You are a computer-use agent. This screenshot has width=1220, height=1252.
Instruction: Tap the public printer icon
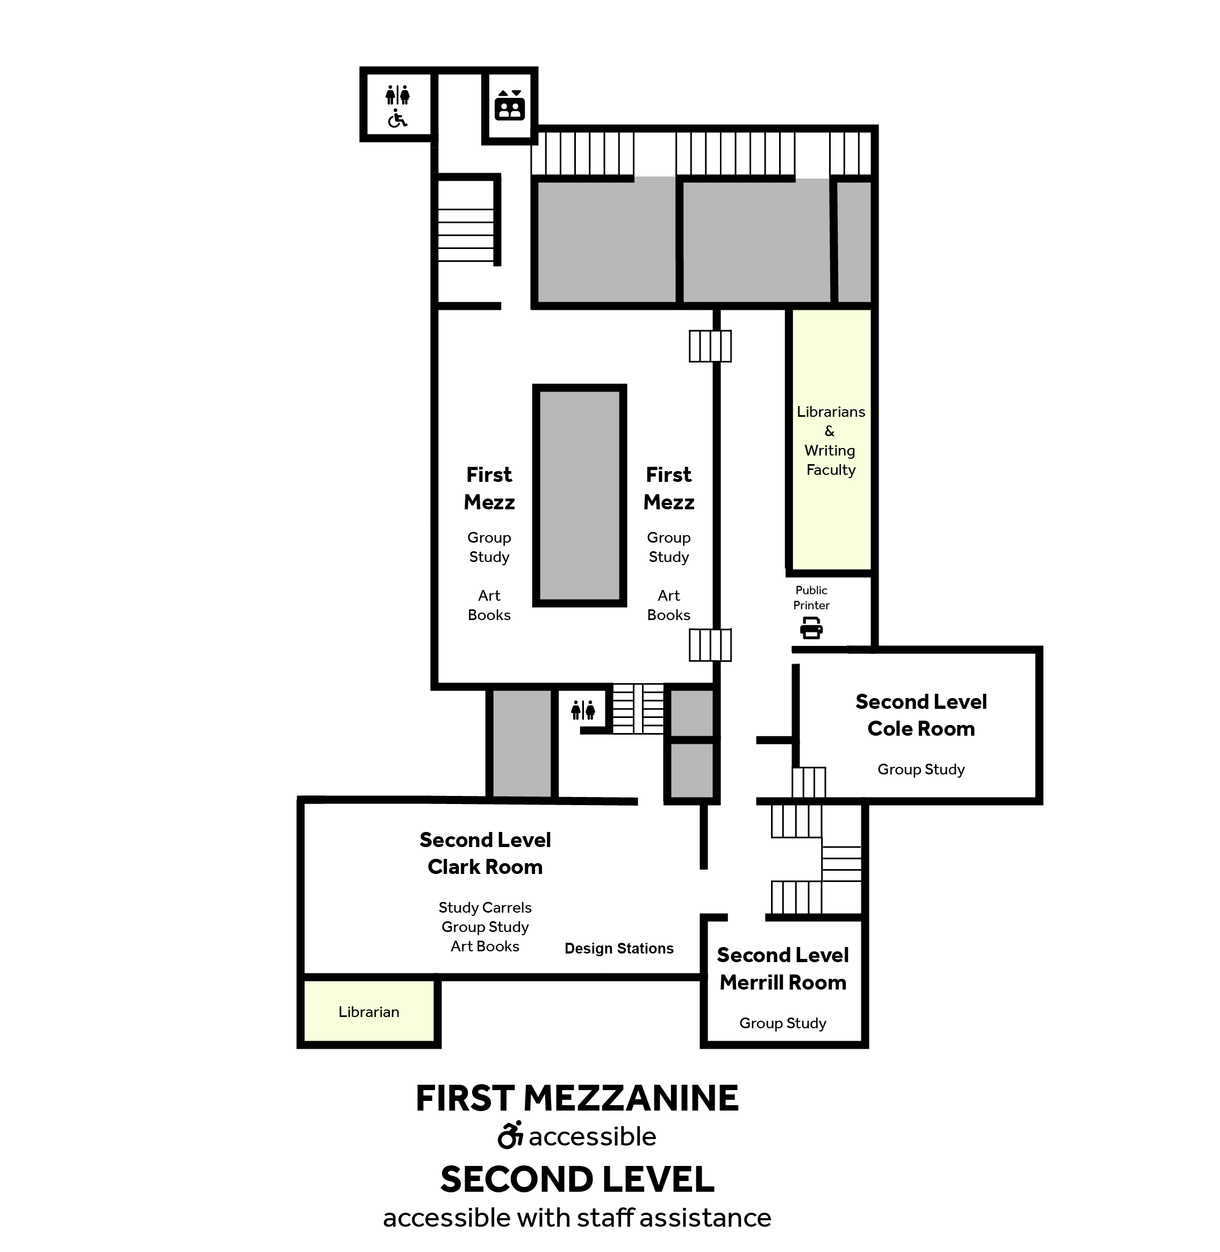[x=811, y=628]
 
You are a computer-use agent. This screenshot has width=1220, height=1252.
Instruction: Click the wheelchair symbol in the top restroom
[x=397, y=118]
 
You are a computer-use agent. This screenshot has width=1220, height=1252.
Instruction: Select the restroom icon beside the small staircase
[x=583, y=710]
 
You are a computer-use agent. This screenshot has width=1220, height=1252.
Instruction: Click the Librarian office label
[x=368, y=1012]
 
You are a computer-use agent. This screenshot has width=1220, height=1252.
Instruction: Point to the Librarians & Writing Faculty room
[x=831, y=439]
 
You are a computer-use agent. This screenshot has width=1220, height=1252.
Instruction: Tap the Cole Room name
[x=921, y=729]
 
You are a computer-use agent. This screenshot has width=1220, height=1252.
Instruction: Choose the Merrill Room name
[x=782, y=982]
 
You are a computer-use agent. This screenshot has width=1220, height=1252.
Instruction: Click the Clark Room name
[x=485, y=867]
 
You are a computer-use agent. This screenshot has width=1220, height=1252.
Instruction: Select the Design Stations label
[x=619, y=948]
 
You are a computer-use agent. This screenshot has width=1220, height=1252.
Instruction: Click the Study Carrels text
[x=485, y=907]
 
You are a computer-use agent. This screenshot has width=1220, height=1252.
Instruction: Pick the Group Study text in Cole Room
[x=921, y=770]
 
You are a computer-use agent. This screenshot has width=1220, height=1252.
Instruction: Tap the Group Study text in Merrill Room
[x=782, y=1023]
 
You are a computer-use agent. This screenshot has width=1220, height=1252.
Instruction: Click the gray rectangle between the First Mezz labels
[x=579, y=495]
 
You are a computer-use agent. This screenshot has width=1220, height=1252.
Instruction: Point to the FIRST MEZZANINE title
[x=577, y=1098]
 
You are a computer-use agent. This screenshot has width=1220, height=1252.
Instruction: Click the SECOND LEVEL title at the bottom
[x=577, y=1179]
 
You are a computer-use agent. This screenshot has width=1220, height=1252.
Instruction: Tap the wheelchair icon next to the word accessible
[x=511, y=1135]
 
